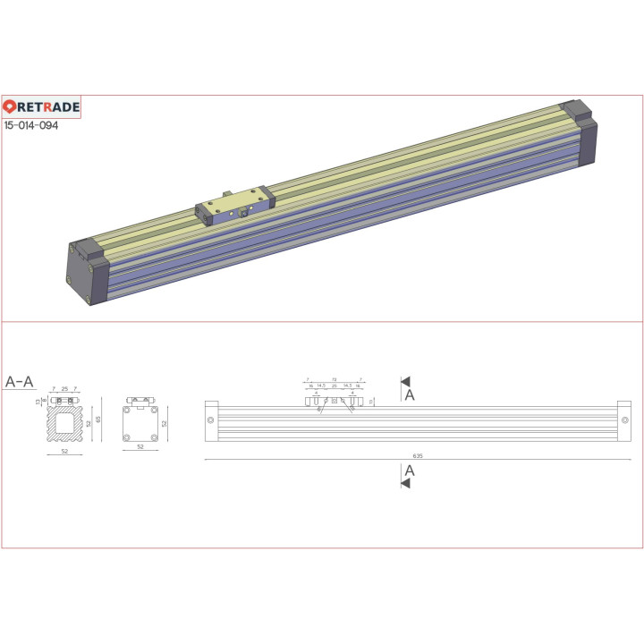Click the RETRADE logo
coord(41,107)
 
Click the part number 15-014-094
coord(31,126)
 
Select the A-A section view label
coord(20,382)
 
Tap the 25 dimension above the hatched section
coord(64,389)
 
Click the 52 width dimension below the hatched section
coord(64,452)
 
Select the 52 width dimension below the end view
coord(140,447)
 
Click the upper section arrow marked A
coord(406,382)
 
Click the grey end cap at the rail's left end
coord(89,268)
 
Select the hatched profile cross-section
coord(64,422)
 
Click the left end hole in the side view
coord(210,419)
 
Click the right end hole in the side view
coord(619,419)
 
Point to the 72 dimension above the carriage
coord(334,379)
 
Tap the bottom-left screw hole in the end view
coord(128,436)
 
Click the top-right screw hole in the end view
coord(154,411)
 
